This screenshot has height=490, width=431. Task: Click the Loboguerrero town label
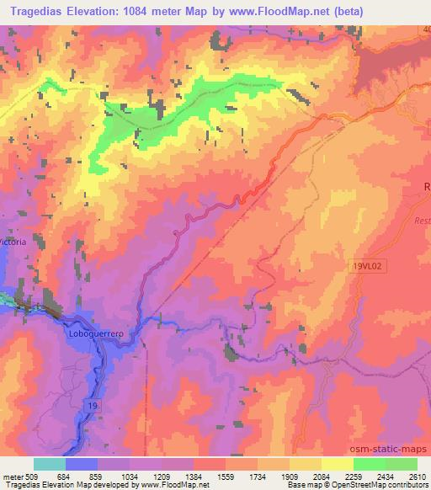click(x=94, y=334)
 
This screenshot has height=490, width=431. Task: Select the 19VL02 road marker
click(x=366, y=265)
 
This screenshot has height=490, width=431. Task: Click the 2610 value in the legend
click(x=417, y=476)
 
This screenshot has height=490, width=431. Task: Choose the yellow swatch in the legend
click(x=338, y=464)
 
